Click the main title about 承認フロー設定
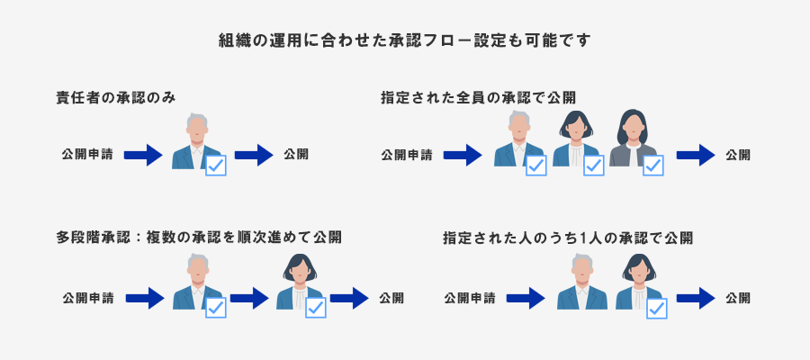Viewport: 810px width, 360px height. click(404, 40)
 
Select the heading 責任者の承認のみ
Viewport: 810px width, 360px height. click(112, 98)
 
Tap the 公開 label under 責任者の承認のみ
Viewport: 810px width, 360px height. click(296, 154)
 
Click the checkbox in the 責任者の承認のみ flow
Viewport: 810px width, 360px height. click(216, 165)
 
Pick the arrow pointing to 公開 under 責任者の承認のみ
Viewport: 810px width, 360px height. click(253, 155)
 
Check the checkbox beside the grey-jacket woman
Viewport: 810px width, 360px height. click(652, 165)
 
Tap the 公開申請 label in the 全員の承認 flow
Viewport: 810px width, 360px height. click(406, 155)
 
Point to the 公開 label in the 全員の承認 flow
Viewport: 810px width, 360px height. click(738, 155)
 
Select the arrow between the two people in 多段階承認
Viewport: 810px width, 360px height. click(250, 296)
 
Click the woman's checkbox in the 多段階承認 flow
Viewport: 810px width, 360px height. click(315, 308)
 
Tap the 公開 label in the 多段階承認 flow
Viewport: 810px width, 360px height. click(391, 296)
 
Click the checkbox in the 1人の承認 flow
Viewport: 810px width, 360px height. click(656, 308)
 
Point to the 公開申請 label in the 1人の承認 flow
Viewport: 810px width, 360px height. click(469, 296)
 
